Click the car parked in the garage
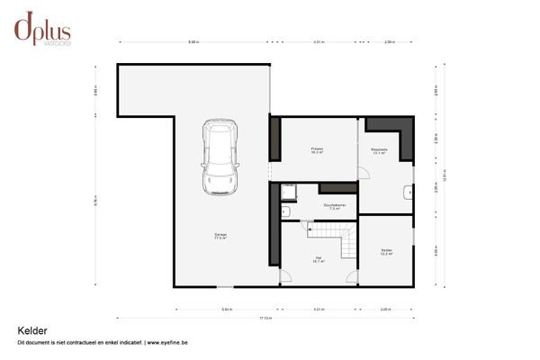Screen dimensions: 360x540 click(220, 157)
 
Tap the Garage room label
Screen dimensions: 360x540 click(220, 237)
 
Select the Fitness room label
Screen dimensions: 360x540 click(318, 149)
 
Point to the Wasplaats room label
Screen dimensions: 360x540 click(379, 151)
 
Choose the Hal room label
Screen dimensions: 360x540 click(318, 259)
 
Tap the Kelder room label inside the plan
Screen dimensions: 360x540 click(386, 252)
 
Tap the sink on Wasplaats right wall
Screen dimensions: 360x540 click(409, 191)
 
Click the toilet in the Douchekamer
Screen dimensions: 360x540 click(285, 212)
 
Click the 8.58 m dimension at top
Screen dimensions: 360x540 click(193, 42)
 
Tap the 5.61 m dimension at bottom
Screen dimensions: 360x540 click(228, 309)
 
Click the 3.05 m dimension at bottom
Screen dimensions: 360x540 click(385, 309)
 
